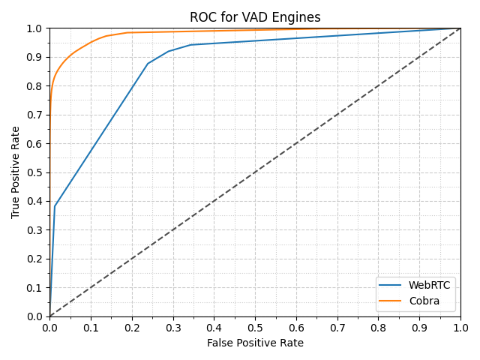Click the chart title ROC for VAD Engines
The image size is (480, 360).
pos(255,17)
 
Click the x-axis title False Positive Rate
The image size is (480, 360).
pos(255,343)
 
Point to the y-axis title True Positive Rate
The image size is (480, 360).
pos(16,172)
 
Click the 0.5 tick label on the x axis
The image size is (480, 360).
pos(255,328)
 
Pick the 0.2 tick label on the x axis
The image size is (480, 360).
pos(132,328)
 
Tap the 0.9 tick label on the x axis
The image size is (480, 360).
pos(419,328)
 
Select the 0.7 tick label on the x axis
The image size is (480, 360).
pos(337,328)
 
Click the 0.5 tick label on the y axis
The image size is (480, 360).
pos(35,172)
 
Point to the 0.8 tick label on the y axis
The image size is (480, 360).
pos(35,86)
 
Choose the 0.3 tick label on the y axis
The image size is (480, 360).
pos(35,230)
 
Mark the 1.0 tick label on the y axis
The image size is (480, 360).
pos(35,28)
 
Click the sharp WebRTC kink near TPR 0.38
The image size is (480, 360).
pos(55,206)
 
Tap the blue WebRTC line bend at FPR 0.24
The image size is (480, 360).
pos(148,63)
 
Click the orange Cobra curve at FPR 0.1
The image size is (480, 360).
pos(91,42)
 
